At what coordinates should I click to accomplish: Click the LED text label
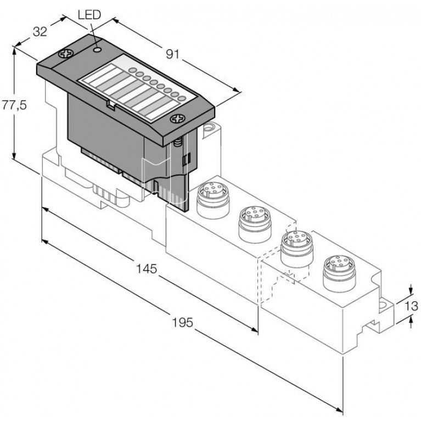click(89, 15)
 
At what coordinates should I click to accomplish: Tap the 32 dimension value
click(40, 32)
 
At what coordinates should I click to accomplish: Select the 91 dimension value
click(172, 54)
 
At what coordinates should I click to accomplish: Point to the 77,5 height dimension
click(14, 104)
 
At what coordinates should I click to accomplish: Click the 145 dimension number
click(147, 268)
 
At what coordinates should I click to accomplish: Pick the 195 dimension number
click(182, 322)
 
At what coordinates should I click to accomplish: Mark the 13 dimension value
click(411, 306)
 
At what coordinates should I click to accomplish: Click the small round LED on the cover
click(97, 49)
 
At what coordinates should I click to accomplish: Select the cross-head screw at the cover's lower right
click(177, 119)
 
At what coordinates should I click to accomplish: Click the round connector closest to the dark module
click(213, 199)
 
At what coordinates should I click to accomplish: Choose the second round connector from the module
click(255, 224)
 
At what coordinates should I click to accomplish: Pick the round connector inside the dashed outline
click(297, 248)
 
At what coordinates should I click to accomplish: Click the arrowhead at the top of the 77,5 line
click(14, 49)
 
